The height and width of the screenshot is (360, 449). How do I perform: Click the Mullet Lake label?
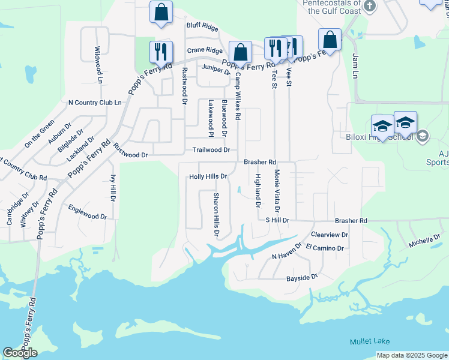coord(370,341)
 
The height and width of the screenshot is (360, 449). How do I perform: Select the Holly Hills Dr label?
coord(208,176)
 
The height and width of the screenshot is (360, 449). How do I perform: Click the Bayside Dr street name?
coord(301,277)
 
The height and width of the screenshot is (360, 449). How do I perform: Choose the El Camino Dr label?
coord(324,248)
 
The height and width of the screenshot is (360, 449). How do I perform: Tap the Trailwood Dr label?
coord(211,150)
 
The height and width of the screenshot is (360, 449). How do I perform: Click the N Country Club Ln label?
coord(95,103)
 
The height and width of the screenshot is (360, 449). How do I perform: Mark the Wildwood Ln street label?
coord(97,65)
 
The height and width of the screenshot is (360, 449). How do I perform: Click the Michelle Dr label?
coord(424,241)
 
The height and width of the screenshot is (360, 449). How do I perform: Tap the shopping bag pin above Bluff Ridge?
coord(161,12)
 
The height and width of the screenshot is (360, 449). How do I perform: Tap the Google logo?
coord(20,353)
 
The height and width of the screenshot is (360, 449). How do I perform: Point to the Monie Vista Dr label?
coord(277,191)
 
